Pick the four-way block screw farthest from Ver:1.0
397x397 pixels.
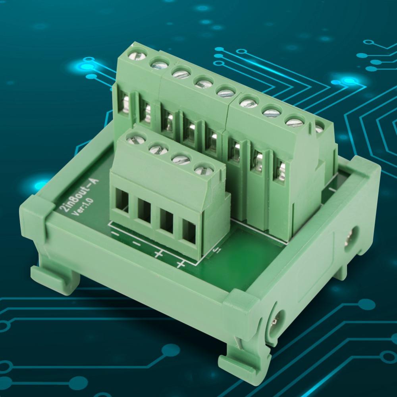click(x=202, y=170)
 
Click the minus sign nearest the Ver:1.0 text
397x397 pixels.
click(x=115, y=233)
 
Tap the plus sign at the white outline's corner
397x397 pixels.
click(x=181, y=264)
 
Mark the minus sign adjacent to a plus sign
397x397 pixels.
click(x=136, y=243)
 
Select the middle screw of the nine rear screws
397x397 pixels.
click(x=225, y=93)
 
